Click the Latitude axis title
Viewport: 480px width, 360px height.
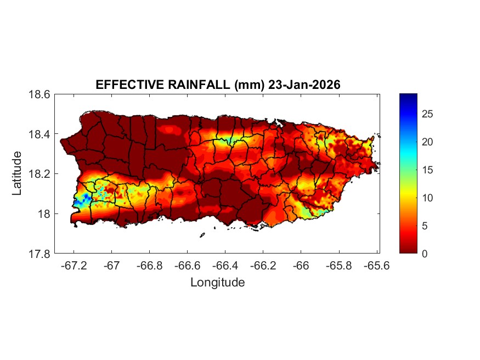[x=18, y=173]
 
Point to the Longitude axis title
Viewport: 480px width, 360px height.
[x=217, y=283]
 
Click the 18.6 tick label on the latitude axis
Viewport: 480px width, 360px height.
[x=39, y=94]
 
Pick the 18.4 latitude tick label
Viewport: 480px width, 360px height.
[x=39, y=134]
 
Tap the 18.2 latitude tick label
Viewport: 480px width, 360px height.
[x=39, y=174]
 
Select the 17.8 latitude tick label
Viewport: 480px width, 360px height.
[x=39, y=254]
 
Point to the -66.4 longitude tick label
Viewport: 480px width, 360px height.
[x=225, y=265]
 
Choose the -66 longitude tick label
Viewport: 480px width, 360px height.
[x=301, y=265]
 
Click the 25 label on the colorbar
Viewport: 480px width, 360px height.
[x=427, y=114]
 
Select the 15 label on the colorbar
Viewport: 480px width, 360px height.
[x=427, y=170]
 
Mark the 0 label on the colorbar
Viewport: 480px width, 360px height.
[x=425, y=254]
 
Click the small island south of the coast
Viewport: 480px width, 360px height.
[x=202, y=235]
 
